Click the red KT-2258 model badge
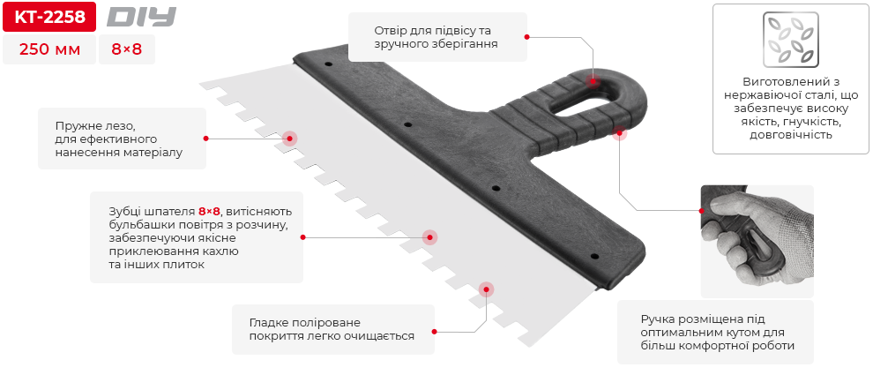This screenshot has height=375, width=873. pos(48,17)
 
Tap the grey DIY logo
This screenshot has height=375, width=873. pos(141,17)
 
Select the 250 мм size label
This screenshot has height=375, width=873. pos(48,50)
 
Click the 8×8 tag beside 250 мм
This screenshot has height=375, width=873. pos(126,50)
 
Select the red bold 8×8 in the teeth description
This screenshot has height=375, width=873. pos(209,212)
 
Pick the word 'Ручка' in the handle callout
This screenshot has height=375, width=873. pos(660,319)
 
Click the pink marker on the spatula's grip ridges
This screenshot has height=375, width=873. pos(619,132)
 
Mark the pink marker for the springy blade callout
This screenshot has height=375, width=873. pos(289,138)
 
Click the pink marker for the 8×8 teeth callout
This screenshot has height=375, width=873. pos(429,236)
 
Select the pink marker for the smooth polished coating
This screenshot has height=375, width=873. pos(485,289)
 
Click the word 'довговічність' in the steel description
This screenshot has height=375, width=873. pos(790,135)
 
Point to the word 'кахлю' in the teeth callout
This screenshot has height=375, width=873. pos(220,251)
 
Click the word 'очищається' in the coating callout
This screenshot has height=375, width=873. pos(381,336)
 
